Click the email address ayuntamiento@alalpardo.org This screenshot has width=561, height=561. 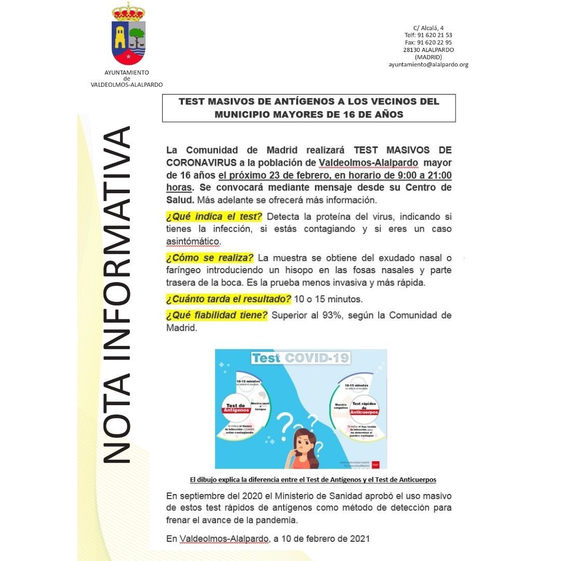429,64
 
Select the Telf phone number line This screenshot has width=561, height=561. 428,35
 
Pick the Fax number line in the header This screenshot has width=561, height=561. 428,43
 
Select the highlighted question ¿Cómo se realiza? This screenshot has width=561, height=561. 209,258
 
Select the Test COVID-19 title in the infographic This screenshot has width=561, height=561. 301,358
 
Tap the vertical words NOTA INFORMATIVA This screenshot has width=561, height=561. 116,293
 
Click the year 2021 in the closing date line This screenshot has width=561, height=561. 359,539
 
